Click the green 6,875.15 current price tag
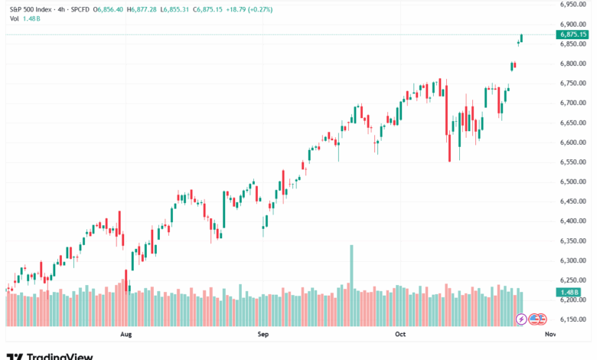click(x=573, y=34)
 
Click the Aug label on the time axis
click(x=126, y=335)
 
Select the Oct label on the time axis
click(x=400, y=335)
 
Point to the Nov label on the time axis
click(x=549, y=335)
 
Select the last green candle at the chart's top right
click(x=522, y=38)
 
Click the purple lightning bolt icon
click(x=522, y=318)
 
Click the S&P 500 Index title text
click(x=31, y=9)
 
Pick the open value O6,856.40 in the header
click(x=113, y=9)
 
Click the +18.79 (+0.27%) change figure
click(x=246, y=9)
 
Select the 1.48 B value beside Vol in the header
click(x=28, y=19)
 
